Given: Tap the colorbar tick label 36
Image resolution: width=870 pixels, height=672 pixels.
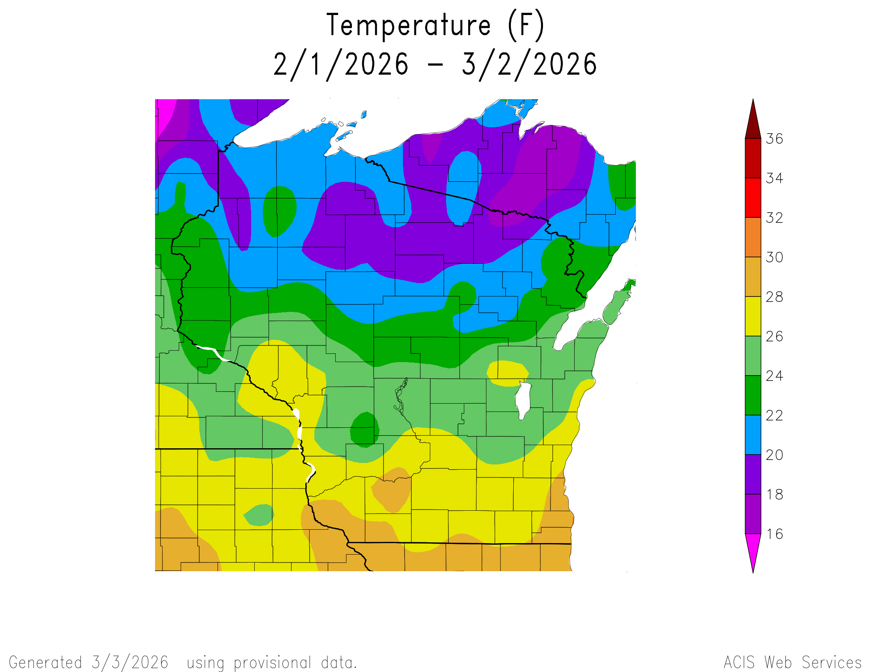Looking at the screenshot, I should (x=774, y=139).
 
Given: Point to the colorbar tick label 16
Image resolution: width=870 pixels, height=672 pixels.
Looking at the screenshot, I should (x=774, y=534).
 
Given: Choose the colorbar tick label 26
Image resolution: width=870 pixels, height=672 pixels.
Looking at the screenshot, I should (x=774, y=336).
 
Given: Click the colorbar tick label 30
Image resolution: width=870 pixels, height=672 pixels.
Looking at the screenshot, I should (x=774, y=258).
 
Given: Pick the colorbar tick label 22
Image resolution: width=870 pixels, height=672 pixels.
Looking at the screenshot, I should (x=774, y=415).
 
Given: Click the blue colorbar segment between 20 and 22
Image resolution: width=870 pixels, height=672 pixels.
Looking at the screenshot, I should (x=753, y=435).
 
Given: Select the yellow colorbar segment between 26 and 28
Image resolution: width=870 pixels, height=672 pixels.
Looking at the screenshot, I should (x=753, y=317).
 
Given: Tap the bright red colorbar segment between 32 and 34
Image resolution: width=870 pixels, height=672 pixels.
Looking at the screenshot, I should (x=753, y=198).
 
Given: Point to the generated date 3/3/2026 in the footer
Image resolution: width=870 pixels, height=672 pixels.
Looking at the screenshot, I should (x=130, y=663).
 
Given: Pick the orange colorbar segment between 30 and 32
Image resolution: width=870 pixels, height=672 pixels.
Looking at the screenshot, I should (x=753, y=237).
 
